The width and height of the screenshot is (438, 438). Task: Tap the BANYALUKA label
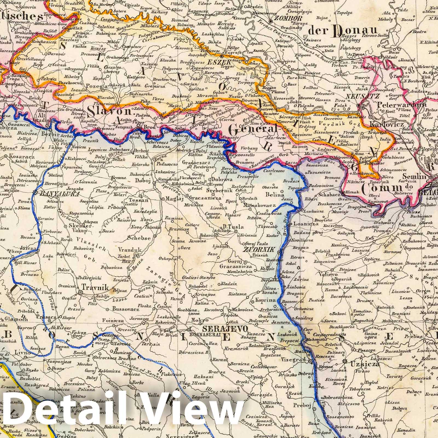click(x=59, y=194)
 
